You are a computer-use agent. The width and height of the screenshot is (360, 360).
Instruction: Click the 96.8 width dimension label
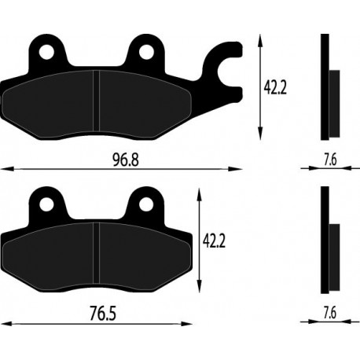pyautogui.click(x=126, y=160)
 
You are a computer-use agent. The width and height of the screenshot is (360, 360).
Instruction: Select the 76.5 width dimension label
pyautogui.click(x=103, y=314)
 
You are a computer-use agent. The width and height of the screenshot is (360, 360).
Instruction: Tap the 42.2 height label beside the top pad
pyautogui.click(x=275, y=88)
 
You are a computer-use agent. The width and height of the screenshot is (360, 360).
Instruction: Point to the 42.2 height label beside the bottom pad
pyautogui.click(x=214, y=241)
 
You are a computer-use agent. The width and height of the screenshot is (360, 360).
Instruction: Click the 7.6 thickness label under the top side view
pyautogui.click(x=330, y=160)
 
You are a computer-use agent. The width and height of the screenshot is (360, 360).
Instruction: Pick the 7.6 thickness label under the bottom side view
pyautogui.click(x=330, y=313)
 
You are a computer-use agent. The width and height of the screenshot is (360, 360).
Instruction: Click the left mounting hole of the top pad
pyautogui.click(x=46, y=52)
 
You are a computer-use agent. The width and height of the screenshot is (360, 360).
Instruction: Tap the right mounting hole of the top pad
pyautogui.click(x=146, y=52)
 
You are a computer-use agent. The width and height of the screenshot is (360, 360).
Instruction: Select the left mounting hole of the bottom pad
pyautogui.click(x=46, y=204)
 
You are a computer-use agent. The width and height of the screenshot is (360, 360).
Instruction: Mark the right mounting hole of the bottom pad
pyautogui.click(x=146, y=204)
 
